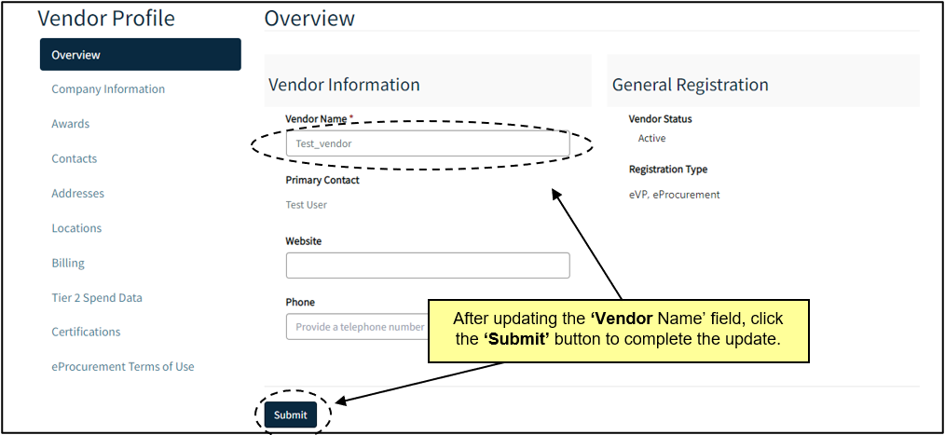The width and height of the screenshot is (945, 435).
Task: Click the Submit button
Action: coord(290,415)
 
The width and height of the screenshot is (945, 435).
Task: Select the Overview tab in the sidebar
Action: coord(140,55)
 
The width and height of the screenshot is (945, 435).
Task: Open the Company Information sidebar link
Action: coord(108,89)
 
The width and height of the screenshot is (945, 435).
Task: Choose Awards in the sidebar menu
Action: coord(71,124)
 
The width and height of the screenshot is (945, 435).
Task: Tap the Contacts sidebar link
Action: coord(75,159)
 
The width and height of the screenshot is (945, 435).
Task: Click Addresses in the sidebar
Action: coord(78,194)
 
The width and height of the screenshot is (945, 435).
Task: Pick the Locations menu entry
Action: coord(76,228)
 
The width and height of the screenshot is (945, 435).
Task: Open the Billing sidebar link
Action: coord(68,264)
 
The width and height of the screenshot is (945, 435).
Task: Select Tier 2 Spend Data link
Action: coord(97,298)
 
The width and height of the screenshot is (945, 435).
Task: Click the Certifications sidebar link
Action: coord(86,333)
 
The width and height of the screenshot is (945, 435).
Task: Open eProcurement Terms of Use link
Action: coord(123,367)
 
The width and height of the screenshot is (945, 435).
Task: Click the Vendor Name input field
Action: coord(427,143)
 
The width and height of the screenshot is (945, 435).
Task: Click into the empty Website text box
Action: coord(427,265)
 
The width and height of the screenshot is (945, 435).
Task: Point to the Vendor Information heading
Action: coord(344,85)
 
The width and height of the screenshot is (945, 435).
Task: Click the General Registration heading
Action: coord(690,85)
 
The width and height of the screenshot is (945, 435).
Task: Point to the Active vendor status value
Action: coord(651,139)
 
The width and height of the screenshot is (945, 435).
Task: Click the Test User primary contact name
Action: coord(307,205)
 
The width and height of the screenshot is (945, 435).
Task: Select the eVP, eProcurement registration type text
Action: coord(675,195)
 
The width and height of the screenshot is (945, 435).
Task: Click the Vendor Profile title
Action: coord(106,19)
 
